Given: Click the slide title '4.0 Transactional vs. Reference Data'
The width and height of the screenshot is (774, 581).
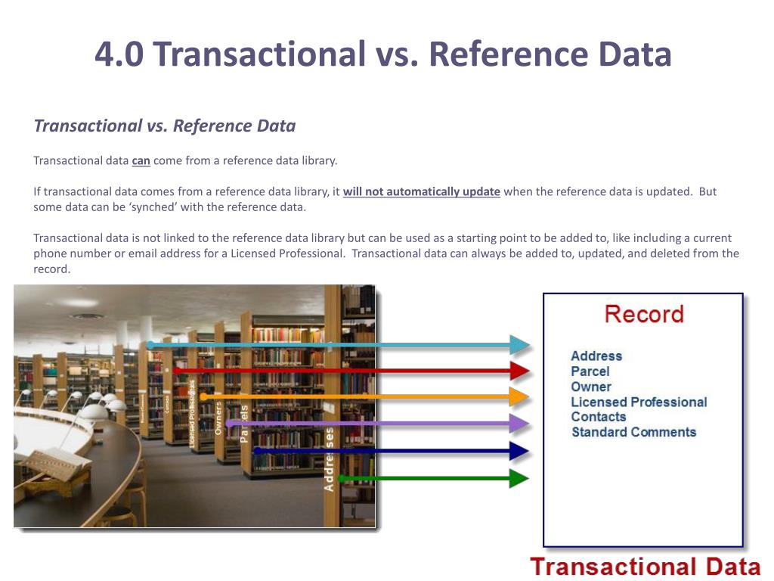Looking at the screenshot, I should [383, 55].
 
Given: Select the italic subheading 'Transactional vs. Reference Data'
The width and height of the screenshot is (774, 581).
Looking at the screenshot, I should [165, 126].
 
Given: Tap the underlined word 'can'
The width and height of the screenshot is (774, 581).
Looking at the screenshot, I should [141, 160].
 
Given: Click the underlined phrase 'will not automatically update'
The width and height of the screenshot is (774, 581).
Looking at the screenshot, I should [421, 191].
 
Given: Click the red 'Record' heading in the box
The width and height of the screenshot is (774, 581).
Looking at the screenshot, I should [643, 315].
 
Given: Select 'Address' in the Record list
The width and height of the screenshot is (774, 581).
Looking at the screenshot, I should [596, 356].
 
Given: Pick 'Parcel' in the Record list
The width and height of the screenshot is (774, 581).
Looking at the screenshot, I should [590, 371].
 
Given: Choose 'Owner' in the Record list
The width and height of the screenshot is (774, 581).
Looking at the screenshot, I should [590, 387].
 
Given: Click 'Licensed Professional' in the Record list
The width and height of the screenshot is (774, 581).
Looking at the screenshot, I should [639, 402].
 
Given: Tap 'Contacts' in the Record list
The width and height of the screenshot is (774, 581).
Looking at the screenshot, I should [598, 417].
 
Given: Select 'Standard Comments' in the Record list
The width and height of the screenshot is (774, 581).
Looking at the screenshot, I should [633, 432].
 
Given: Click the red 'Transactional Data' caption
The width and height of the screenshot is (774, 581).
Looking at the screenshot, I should [645, 566].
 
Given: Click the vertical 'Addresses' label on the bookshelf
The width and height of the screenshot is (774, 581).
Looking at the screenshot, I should [329, 459].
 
